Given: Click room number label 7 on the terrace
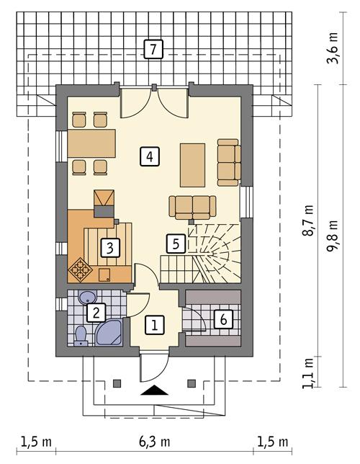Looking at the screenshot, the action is coord(153,49).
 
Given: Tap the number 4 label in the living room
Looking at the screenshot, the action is coord(150,156).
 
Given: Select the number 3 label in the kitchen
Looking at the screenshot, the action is coord(110,248).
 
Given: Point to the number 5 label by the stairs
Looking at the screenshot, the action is coord(176,244).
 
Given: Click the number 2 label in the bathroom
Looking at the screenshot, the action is coord(96,313).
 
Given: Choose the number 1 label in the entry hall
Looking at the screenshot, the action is coord(154,326).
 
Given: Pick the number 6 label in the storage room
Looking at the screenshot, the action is coord(223,320).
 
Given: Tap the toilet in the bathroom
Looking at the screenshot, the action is coord(81,336).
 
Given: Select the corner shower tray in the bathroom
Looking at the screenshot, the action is coord(109,333).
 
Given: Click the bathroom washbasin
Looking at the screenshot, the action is coord(87,297).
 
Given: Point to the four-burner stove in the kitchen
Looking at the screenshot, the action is coord(80,269).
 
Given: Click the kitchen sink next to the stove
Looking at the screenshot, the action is coord(104,275).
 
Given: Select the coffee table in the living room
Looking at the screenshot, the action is coord(192,165).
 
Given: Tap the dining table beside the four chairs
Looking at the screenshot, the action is coord(91,143).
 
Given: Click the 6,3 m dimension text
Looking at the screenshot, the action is coord(154,442).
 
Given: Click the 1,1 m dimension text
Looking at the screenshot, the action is coord(308,373).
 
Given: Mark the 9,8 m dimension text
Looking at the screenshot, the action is coord(332,236).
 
